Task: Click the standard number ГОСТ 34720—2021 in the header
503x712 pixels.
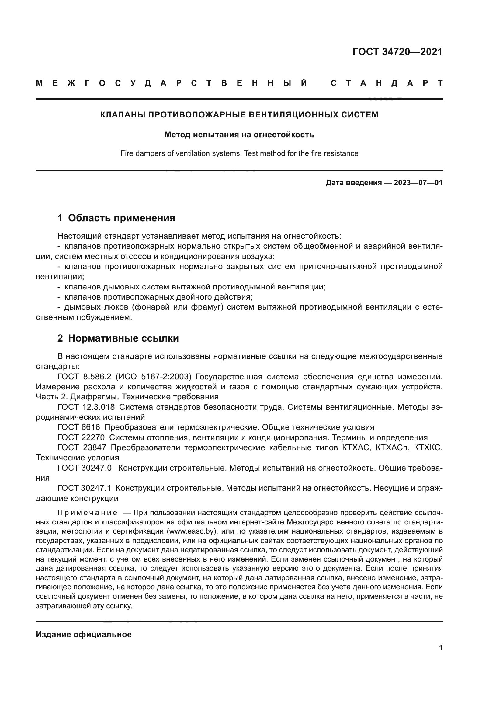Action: (397, 52)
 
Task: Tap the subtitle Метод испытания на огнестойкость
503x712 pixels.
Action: (239, 135)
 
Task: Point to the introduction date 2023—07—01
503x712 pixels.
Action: (418, 183)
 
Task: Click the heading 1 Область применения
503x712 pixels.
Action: (116, 218)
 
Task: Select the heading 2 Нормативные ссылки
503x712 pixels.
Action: (118, 338)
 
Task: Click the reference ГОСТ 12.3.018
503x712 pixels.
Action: (86, 407)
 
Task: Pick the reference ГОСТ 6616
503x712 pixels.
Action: (79, 427)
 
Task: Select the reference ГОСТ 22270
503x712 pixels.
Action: (81, 437)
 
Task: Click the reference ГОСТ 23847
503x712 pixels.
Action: (82, 448)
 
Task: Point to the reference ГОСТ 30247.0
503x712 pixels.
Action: (84, 468)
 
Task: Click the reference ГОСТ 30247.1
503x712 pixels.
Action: (84, 488)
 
